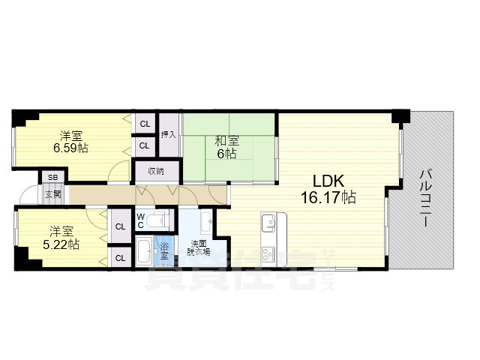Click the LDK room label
tap(328, 181)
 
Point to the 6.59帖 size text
tap(70, 148)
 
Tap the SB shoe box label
tap(52, 178)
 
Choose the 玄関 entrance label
tap(52, 194)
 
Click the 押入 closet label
tap(169, 135)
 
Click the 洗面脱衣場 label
tap(199, 247)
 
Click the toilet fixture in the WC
tap(158, 220)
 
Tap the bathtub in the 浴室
tap(143, 250)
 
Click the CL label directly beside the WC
tap(120, 225)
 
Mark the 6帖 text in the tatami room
tap(226, 154)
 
